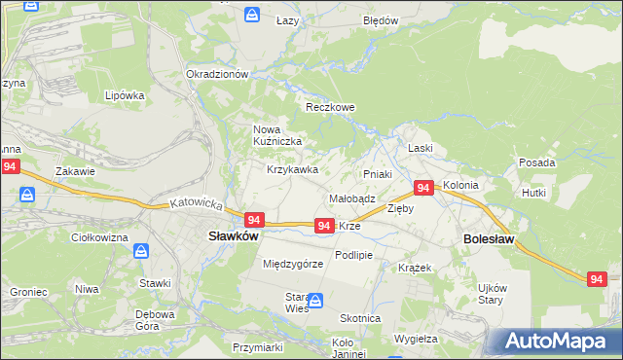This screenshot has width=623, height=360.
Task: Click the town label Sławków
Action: [x=233, y=235]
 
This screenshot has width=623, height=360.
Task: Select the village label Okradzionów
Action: [x=218, y=74]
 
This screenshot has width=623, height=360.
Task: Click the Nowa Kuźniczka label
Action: [x=277, y=135]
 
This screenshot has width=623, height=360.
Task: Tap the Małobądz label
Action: [x=352, y=198]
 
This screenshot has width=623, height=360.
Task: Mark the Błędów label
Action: [x=381, y=20]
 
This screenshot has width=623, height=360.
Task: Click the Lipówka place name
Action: [x=125, y=96]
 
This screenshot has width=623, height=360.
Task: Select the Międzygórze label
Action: [x=292, y=264]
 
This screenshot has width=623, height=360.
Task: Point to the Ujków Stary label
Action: [x=493, y=293]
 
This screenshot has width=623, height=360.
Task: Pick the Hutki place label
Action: [x=561, y=194]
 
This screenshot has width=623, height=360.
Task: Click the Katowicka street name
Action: [x=197, y=206]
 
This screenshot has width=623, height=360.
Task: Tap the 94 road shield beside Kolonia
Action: [x=423, y=188]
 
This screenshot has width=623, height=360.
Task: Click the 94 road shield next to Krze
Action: [x=325, y=226]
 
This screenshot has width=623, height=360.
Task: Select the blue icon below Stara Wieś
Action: [x=315, y=301]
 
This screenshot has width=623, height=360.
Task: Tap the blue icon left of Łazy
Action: [x=252, y=16]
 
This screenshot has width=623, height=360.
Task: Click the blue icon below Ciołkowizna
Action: [x=141, y=251]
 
